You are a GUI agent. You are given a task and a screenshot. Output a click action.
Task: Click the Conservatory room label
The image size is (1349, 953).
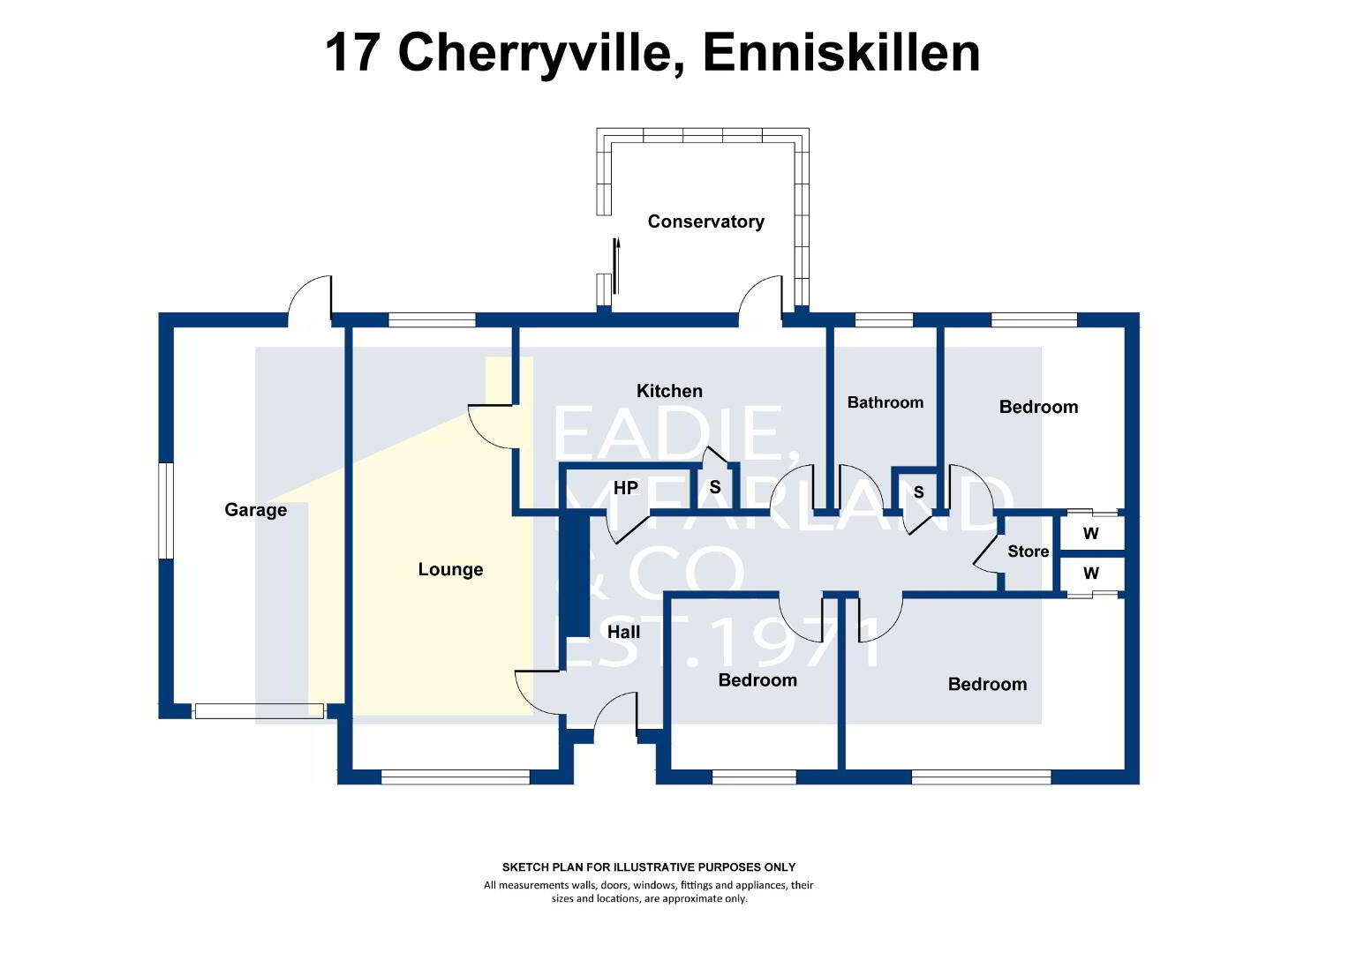pos(705,221)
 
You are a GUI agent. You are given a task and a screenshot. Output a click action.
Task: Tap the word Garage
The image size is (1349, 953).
pos(255,510)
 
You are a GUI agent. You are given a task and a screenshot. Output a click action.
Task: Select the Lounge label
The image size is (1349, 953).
pos(450,569)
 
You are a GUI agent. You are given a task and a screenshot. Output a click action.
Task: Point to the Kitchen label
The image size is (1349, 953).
pos(669,391)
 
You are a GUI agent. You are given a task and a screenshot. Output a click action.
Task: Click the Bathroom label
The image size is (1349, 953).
pos(886,402)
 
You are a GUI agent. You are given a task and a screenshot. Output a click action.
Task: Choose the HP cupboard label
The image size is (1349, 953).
pos(626,488)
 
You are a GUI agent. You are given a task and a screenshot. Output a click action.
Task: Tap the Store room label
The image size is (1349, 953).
pos(1028,552)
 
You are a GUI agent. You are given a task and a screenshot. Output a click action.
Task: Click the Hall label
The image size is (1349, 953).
pos(623,632)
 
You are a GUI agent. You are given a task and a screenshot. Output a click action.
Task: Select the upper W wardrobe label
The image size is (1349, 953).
pos(1090,533)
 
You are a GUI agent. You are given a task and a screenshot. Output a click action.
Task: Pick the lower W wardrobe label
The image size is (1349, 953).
pos(1090,574)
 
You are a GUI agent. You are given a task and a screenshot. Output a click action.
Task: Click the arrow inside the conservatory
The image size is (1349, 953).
pos(616,266)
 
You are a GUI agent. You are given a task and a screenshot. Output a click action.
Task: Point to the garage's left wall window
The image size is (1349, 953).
pos(166,511)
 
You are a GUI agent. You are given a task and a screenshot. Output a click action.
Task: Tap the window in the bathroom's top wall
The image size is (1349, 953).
pos(884,320)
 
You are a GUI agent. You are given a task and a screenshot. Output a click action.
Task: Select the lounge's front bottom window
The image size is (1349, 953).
pos(456,777)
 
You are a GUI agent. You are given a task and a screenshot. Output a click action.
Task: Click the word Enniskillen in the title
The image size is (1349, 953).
pos(841,54)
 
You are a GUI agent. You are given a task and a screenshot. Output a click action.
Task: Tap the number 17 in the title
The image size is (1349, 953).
pos(352,54)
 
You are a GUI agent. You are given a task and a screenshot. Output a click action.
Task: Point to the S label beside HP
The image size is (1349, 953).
pos(715,487)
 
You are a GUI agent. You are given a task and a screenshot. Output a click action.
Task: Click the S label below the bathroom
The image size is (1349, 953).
pos(918,492)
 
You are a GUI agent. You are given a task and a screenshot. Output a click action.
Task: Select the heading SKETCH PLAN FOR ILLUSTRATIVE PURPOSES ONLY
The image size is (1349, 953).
pos(649,867)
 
